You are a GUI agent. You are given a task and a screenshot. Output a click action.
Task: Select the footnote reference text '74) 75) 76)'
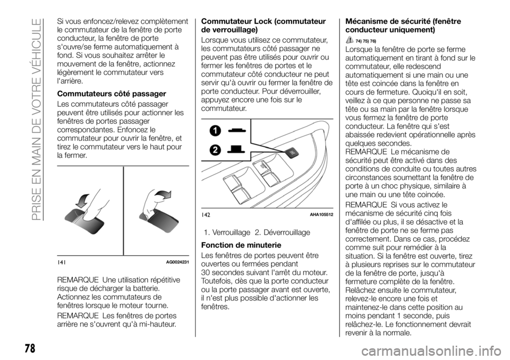coord(367,41)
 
